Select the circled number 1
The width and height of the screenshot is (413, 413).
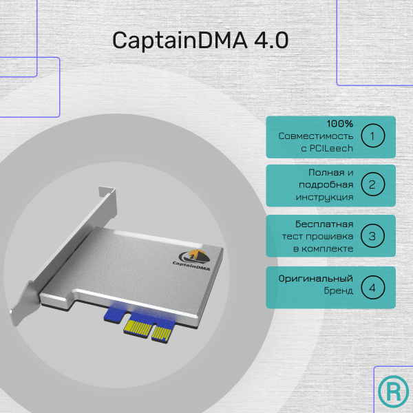tap(372, 136)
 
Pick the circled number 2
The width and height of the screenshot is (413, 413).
tap(372, 184)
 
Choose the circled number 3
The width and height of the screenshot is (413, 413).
tap(372, 236)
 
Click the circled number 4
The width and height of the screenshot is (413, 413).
tap(372, 287)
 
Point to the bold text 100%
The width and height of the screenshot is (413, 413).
tap(340, 124)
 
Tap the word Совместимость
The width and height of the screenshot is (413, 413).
tap(316, 136)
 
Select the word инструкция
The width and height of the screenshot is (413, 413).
tap(326, 197)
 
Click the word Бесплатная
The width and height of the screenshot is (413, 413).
tap(324, 224)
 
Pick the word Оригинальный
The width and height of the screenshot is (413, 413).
tap(316, 279)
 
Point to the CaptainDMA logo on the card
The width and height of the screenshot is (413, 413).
tap(193, 261)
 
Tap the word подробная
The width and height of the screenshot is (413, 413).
tap(327, 184)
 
